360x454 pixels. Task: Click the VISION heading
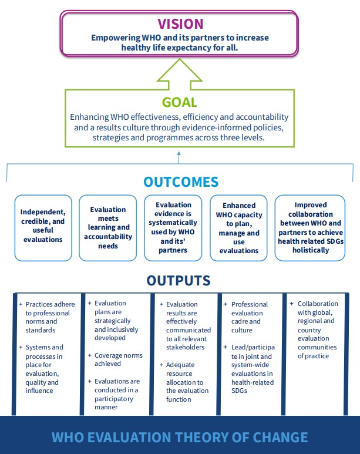pos(180,24)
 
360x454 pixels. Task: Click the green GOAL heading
pos(180,103)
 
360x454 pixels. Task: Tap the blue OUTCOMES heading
pos(180,182)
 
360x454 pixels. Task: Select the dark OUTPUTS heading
pos(180,280)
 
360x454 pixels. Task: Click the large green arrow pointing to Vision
pos(180,73)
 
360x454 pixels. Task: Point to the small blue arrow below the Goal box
pos(180,157)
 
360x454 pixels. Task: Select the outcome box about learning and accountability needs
pos(108,227)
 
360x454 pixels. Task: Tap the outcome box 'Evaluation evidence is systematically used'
pos(174,227)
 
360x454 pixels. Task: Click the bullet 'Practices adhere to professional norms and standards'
pos(49,318)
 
